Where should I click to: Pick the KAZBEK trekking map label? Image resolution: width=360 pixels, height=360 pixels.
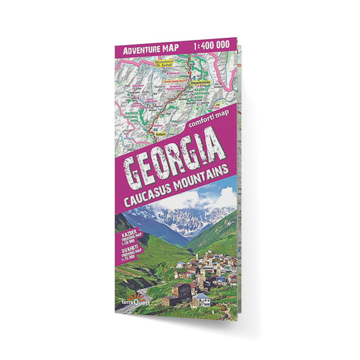[x=128, y=238]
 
